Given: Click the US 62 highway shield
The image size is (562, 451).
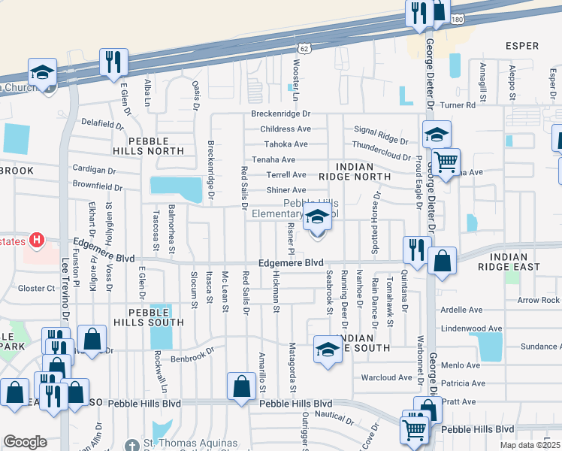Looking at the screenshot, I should [303, 47].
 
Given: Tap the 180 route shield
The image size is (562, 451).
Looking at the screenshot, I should [458, 17].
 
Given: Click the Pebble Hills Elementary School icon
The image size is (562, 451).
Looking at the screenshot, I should [317, 220].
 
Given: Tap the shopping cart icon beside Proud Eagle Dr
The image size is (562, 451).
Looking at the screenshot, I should [446, 162].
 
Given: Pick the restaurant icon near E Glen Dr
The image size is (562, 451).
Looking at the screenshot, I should [113, 62].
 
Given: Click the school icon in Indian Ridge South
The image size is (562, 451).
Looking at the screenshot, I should [328, 349].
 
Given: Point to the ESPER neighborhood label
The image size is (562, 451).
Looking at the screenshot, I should [522, 46].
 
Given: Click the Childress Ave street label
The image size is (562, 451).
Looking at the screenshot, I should [285, 129].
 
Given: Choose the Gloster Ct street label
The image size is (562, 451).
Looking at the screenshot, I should [37, 288].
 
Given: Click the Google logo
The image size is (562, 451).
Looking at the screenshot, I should [25, 442].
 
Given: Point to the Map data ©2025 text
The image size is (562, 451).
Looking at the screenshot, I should [530, 446].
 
